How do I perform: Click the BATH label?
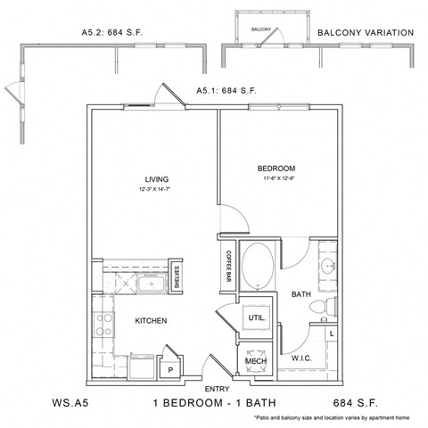300,292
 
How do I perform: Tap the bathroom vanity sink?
326,266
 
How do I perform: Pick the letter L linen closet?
332,333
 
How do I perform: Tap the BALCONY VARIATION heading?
366,32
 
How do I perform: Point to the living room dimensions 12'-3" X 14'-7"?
157,190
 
